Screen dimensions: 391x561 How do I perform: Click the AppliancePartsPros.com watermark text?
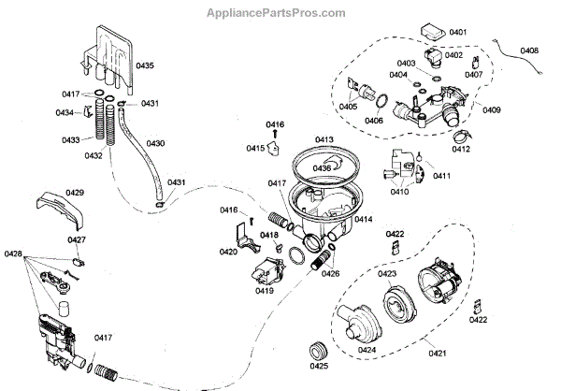click(280, 13)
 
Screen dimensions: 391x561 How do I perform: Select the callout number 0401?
click(457, 32)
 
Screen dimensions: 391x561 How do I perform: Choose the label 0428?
click(14, 253)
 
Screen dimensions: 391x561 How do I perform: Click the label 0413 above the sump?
click(324, 140)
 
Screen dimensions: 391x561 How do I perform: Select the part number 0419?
click(264, 291)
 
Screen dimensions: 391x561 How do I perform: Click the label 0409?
click(492, 109)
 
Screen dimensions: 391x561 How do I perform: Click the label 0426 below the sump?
click(330, 275)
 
